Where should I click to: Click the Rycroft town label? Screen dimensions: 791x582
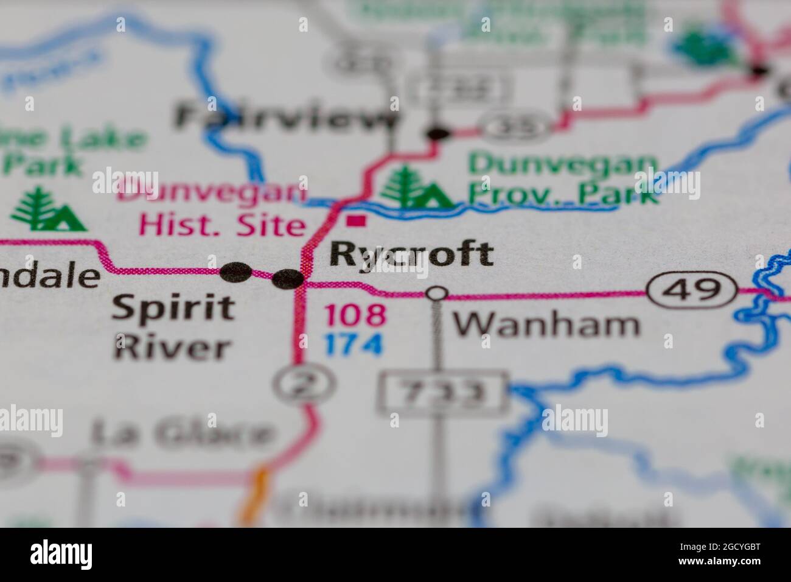(411, 254)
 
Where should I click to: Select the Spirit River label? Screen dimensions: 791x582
(173, 327)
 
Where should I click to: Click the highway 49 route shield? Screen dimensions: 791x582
(692, 290)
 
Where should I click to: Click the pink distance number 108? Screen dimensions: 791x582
(355, 315)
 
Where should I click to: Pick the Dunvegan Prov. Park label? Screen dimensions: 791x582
(563, 178)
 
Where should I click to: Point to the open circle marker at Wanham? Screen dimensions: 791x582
(436, 293)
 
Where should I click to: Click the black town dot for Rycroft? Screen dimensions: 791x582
(288, 279)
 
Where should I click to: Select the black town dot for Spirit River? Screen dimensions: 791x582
(235, 272)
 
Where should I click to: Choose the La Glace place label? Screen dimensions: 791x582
(182, 434)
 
